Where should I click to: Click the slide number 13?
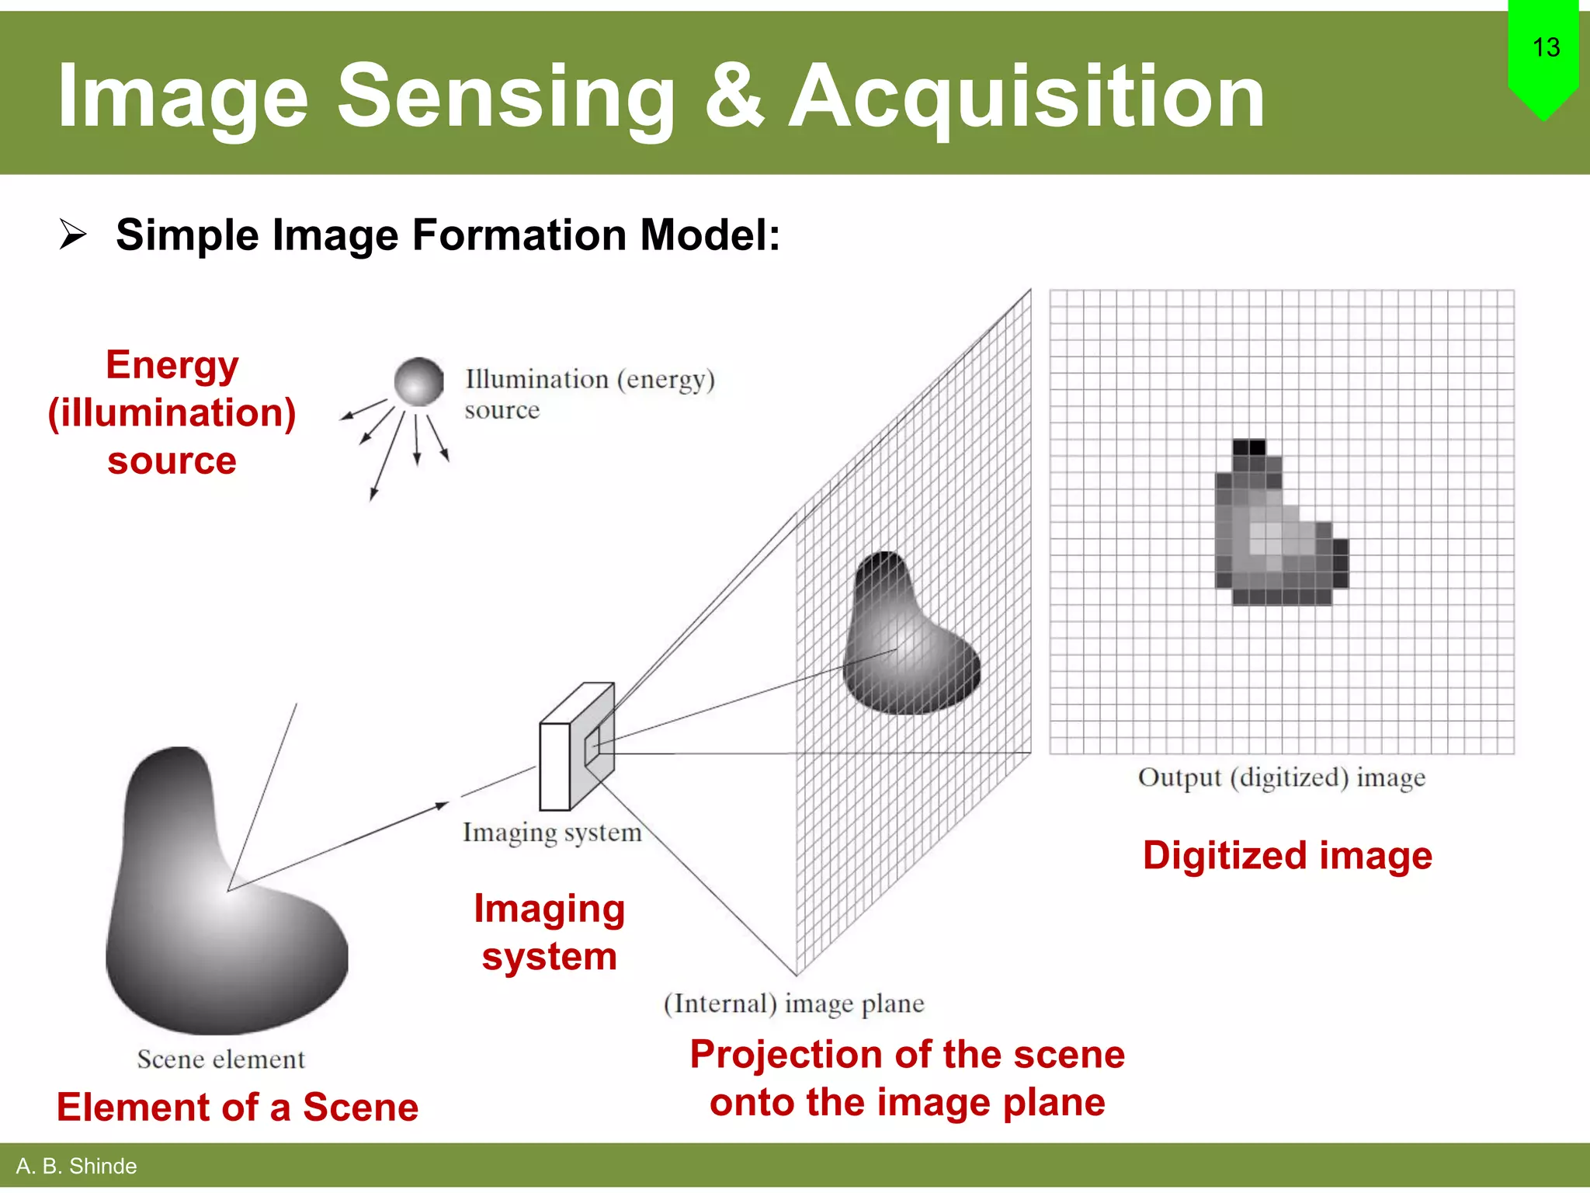point(1546,48)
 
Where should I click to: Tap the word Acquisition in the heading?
point(1026,97)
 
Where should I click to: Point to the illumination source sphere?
point(418,381)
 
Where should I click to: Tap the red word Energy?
point(172,365)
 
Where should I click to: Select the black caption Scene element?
point(220,1059)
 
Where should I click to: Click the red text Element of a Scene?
point(237,1107)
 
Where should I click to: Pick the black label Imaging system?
point(552,833)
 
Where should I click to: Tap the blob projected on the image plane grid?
point(908,645)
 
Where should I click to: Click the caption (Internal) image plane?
point(793,1003)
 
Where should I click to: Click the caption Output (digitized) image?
point(1281,777)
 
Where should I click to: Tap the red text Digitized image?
point(1287,856)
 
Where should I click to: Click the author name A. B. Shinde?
point(76,1166)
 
